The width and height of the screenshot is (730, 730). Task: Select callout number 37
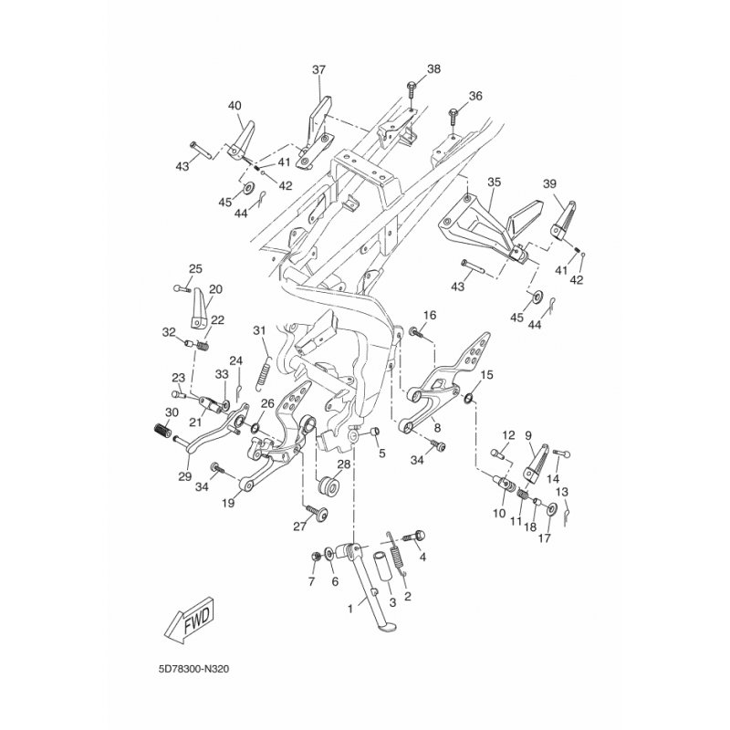318,70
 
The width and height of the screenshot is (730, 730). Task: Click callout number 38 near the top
433,70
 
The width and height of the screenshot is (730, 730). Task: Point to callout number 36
475,96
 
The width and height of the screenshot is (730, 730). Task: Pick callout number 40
235,105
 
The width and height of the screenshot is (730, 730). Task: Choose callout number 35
494,182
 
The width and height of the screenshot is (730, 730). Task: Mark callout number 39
574,183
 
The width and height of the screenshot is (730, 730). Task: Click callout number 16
430,315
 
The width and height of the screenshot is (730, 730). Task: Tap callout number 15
486,375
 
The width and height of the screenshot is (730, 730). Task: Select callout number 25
194,268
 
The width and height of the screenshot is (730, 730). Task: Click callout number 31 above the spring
258,330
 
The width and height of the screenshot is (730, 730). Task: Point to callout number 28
344,464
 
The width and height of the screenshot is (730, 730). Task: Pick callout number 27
297,527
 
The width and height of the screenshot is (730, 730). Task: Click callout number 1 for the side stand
349,607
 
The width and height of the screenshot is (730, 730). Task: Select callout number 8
437,427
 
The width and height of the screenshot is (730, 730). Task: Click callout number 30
172,413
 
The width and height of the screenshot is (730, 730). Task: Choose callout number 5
382,453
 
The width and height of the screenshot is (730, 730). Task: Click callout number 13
563,491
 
